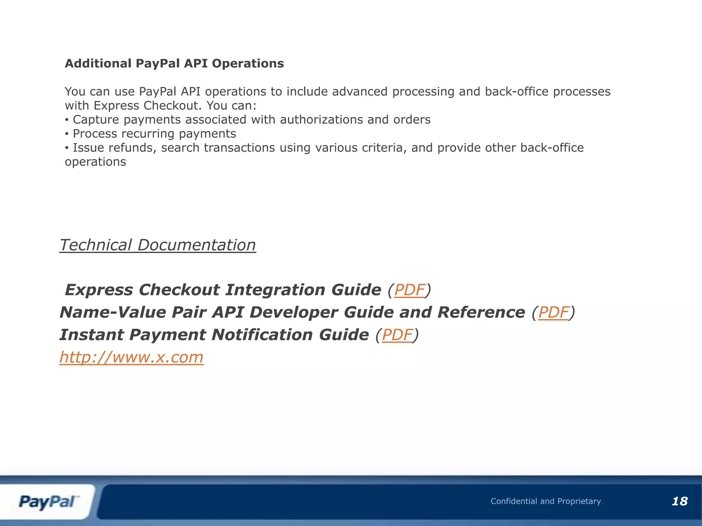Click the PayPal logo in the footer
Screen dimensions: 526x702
pyautogui.click(x=48, y=502)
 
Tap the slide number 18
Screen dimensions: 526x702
pyautogui.click(x=679, y=501)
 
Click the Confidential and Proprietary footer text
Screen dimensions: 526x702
pyautogui.click(x=546, y=501)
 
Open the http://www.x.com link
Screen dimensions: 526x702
pyautogui.click(x=131, y=357)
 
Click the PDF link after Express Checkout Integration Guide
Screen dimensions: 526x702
pyautogui.click(x=410, y=290)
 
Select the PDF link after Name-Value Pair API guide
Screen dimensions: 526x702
pyautogui.click(x=554, y=312)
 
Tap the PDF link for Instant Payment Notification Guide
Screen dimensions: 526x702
pyautogui.click(x=397, y=335)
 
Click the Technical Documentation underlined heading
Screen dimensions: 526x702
pyautogui.click(x=157, y=245)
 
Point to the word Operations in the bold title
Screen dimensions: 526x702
pyautogui.click(x=248, y=63)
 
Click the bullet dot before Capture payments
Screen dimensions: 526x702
pyautogui.click(x=67, y=120)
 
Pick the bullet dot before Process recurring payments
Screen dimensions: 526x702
pyautogui.click(x=67, y=134)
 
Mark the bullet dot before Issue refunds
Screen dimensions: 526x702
pyautogui.click(x=67, y=148)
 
